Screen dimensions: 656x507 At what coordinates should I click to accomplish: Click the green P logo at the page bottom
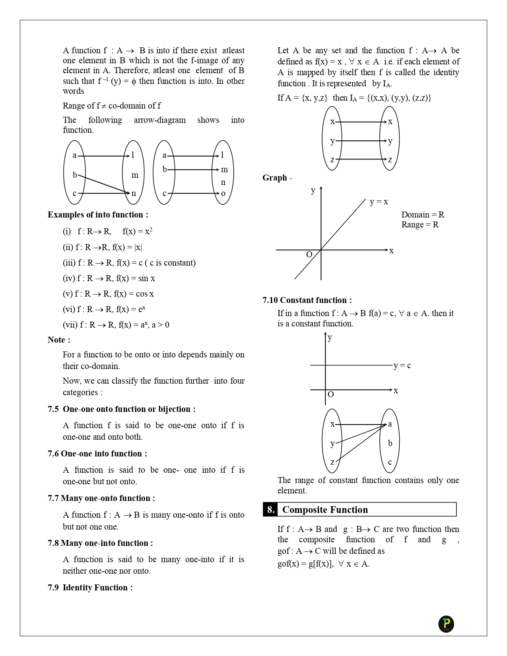pyautogui.click(x=446, y=624)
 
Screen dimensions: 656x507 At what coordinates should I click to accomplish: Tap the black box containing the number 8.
pyautogui.click(x=270, y=510)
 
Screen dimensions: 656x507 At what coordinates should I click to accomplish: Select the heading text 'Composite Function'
pyautogui.click(x=325, y=510)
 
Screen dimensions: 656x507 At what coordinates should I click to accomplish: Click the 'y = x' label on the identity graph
pyautogui.click(x=379, y=202)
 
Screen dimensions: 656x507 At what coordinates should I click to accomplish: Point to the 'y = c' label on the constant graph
pyautogui.click(x=402, y=365)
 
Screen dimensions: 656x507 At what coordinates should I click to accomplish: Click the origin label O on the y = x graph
pyautogui.click(x=309, y=254)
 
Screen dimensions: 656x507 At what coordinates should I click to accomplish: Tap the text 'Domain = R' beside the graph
pyautogui.click(x=423, y=215)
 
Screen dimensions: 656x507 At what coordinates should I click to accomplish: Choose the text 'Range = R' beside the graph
pyautogui.click(x=420, y=225)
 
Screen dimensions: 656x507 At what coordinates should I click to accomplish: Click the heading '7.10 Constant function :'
pyautogui.click(x=307, y=300)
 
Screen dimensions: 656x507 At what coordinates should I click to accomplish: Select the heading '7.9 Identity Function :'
pyautogui.click(x=90, y=588)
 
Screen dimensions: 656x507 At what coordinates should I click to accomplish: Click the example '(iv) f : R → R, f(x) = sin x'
pyautogui.click(x=109, y=278)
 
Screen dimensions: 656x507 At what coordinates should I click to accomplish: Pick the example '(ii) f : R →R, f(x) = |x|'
pyautogui.click(x=102, y=247)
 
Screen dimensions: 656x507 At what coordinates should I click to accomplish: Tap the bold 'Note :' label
pyautogui.click(x=59, y=340)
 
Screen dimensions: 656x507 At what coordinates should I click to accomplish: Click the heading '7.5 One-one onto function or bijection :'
pyautogui.click(x=122, y=409)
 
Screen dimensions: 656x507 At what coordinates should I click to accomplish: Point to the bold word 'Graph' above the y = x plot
pyautogui.click(x=275, y=178)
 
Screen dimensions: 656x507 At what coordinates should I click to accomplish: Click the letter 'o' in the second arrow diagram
pyautogui.click(x=223, y=194)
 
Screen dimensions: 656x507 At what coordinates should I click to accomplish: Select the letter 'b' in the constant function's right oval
pyautogui.click(x=390, y=443)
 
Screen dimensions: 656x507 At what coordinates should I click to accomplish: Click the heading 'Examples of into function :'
pyautogui.click(x=98, y=215)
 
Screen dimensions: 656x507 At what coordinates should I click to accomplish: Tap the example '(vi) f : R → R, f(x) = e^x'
pyautogui.click(x=104, y=309)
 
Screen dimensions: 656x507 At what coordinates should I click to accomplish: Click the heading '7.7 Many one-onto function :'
pyautogui.click(x=101, y=498)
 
